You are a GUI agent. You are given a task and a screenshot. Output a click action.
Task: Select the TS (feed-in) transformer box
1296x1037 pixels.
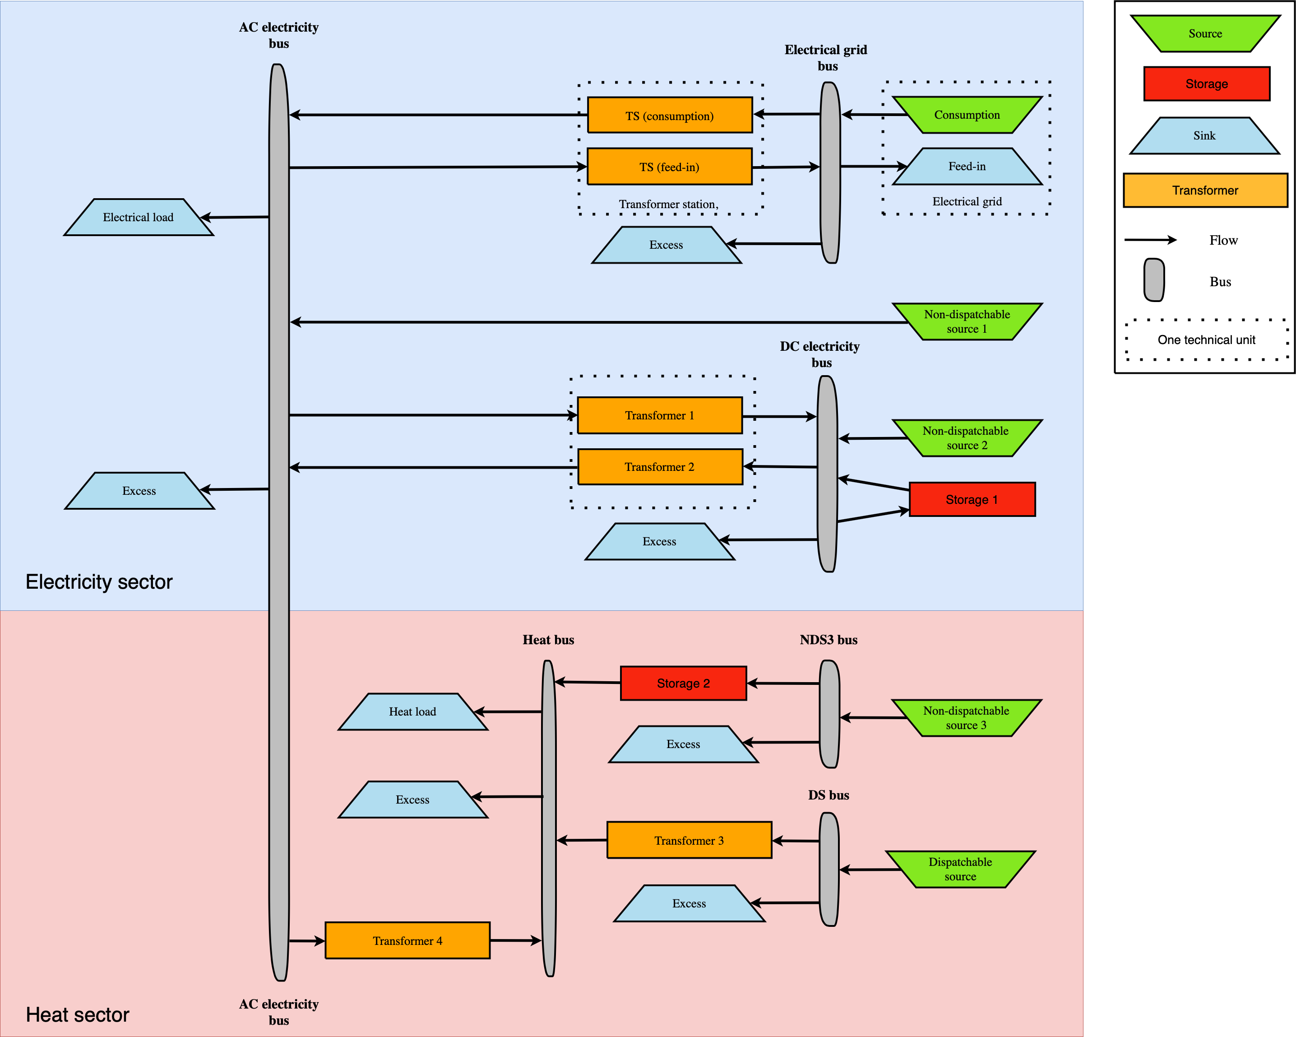point(669,167)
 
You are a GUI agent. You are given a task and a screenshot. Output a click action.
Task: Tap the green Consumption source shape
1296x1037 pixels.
point(967,115)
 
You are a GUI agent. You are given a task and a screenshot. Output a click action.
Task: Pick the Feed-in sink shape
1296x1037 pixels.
point(967,167)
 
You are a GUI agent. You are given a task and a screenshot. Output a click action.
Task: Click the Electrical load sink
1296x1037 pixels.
point(138,217)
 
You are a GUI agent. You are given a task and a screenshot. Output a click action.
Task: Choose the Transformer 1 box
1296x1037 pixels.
point(659,415)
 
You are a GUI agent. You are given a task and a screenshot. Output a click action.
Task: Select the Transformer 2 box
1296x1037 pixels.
point(659,467)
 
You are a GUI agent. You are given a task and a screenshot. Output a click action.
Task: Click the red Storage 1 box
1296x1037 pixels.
point(972,499)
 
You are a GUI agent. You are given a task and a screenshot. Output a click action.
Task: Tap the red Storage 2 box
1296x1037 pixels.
point(683,684)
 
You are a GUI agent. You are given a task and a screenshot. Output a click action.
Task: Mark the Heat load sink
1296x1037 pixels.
point(412,711)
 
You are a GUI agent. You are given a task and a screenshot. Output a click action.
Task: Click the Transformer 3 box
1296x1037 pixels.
point(689,840)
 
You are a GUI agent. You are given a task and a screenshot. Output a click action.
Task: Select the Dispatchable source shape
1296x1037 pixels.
point(960,869)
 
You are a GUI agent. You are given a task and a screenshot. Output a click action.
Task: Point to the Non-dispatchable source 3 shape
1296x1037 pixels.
point(966,718)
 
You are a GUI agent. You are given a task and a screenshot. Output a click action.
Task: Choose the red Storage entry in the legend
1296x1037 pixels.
point(1207,84)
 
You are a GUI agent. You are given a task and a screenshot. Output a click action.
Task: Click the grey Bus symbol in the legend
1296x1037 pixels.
point(1153,280)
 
